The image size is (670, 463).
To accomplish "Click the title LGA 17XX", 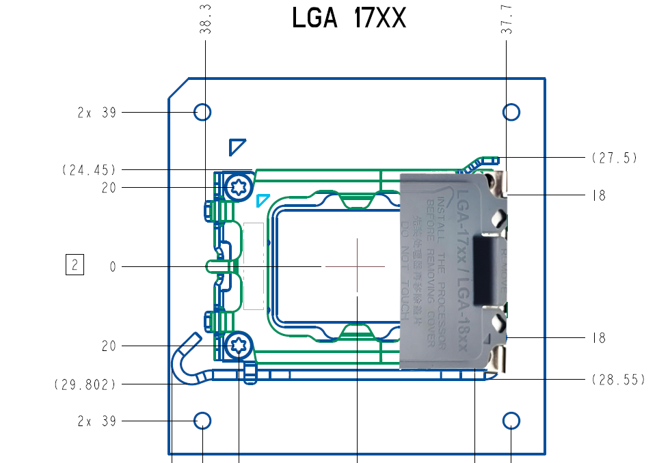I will coord(349,18).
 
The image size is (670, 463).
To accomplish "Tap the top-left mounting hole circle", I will coord(202,112).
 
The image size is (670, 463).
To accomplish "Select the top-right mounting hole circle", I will coord(511,112).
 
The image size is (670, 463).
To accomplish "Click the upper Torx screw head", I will coord(239,187).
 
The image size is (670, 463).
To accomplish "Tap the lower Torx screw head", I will coord(239,346).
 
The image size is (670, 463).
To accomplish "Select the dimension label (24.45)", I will coord(89,170).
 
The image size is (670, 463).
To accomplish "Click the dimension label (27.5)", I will coord(613,158).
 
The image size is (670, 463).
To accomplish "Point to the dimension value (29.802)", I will coord(85,384).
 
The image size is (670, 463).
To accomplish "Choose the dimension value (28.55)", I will coord(617,380).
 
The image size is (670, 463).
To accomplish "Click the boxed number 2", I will coord(74,265).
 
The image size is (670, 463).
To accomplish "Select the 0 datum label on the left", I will coord(113,267).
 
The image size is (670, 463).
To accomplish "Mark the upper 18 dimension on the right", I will coord(599,196).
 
